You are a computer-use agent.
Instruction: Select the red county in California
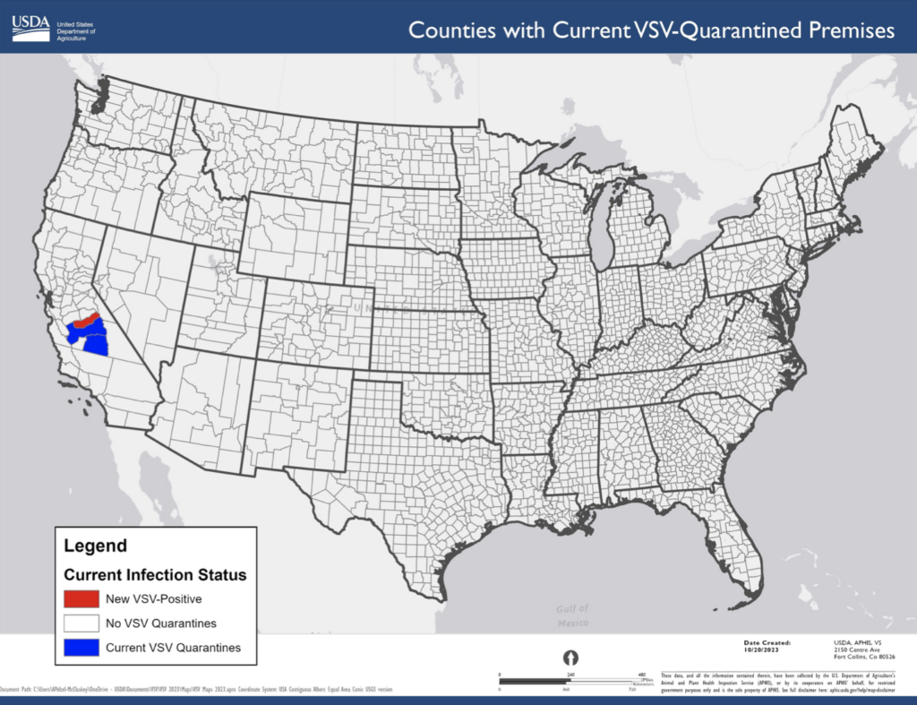pos(85,320)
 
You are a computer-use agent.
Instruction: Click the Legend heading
pos(95,546)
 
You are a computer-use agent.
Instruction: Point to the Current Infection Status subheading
pos(155,574)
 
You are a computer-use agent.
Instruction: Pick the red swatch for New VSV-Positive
pos(81,598)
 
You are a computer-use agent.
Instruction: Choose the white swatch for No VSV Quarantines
pos(81,623)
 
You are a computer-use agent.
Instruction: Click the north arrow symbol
pos(570,658)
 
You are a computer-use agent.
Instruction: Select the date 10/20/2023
pos(766,649)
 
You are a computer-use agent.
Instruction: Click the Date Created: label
pos(767,642)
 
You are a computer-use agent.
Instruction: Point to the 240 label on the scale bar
pos(570,674)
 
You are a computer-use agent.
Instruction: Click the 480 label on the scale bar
pos(641,674)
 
